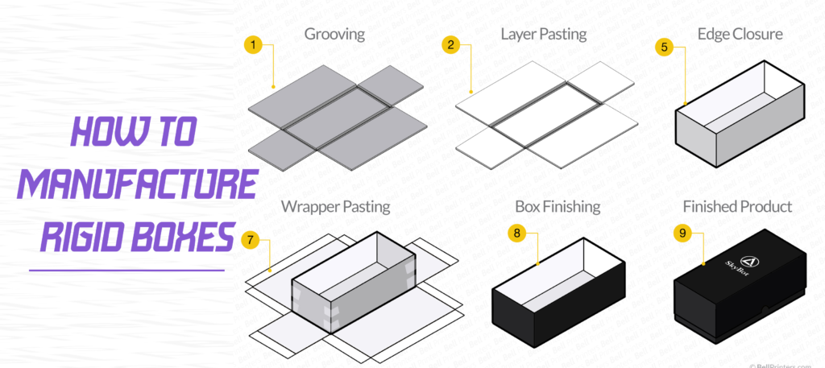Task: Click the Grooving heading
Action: click(x=334, y=35)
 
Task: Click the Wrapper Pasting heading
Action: click(x=335, y=206)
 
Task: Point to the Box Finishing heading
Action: click(x=558, y=206)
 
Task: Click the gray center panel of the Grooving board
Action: click(x=338, y=116)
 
